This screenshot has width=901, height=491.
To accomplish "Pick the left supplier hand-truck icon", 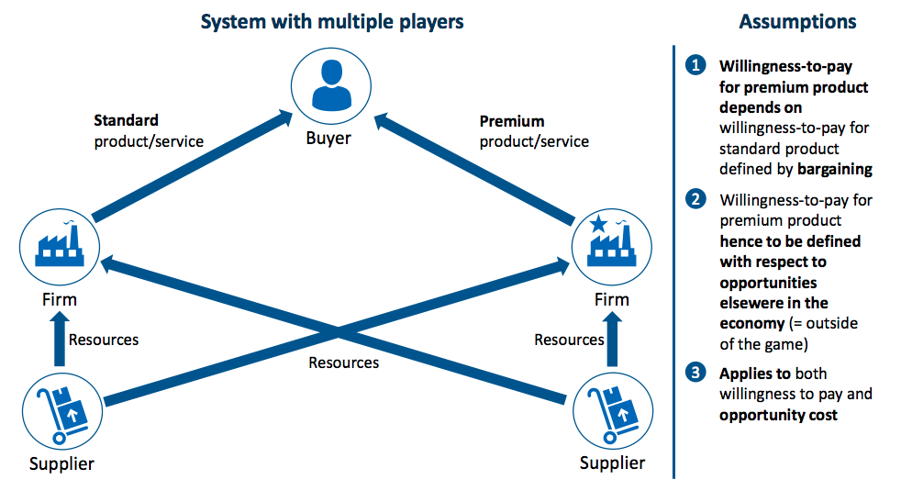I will tap(61, 408).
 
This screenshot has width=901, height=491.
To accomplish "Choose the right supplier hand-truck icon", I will tap(611, 408).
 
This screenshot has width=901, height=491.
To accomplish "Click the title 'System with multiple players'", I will tap(332, 21).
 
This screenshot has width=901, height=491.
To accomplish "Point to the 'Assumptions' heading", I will tap(797, 22).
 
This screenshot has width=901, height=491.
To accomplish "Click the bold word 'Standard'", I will tap(126, 120).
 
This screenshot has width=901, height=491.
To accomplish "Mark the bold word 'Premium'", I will tap(512, 121).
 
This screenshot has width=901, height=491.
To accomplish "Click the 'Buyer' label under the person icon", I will tap(328, 139).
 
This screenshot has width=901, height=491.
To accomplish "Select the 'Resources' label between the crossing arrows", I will tap(343, 363).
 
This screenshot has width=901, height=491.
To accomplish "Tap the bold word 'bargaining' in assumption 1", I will tap(834, 169).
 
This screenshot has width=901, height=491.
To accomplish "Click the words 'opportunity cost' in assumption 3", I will tap(778, 415).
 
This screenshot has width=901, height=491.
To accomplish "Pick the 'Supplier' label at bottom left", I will tap(61, 463).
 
